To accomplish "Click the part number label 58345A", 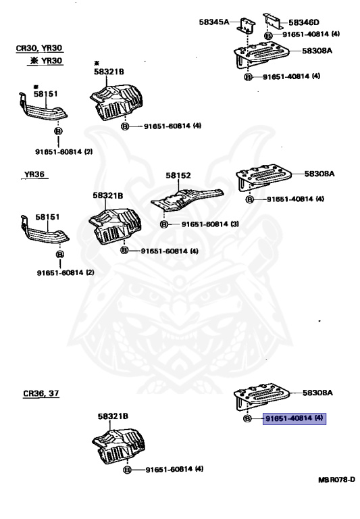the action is pos(213,22).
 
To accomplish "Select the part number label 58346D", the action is pos(304,22).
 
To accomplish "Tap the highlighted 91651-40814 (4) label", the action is pos(294,418).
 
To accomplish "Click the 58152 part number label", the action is pos(178,176).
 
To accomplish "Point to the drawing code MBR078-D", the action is pos(336,480).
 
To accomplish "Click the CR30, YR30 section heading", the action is pos(39,49).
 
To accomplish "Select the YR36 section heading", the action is pos(34,174).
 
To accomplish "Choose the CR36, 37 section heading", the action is pos(41,393).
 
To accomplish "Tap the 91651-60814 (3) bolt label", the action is pos(210,224).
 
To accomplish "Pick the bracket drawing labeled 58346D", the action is pos(272,21).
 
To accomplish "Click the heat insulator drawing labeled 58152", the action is pos(187,199).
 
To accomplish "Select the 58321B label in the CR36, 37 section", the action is pos(113,416).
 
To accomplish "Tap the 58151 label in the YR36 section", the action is pos(48,217).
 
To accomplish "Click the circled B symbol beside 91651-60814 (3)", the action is pos(163,224).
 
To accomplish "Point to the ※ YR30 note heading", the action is pos(46,61).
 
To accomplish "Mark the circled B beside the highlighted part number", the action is pos(247,419).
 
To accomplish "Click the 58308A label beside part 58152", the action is pos(319,174).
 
